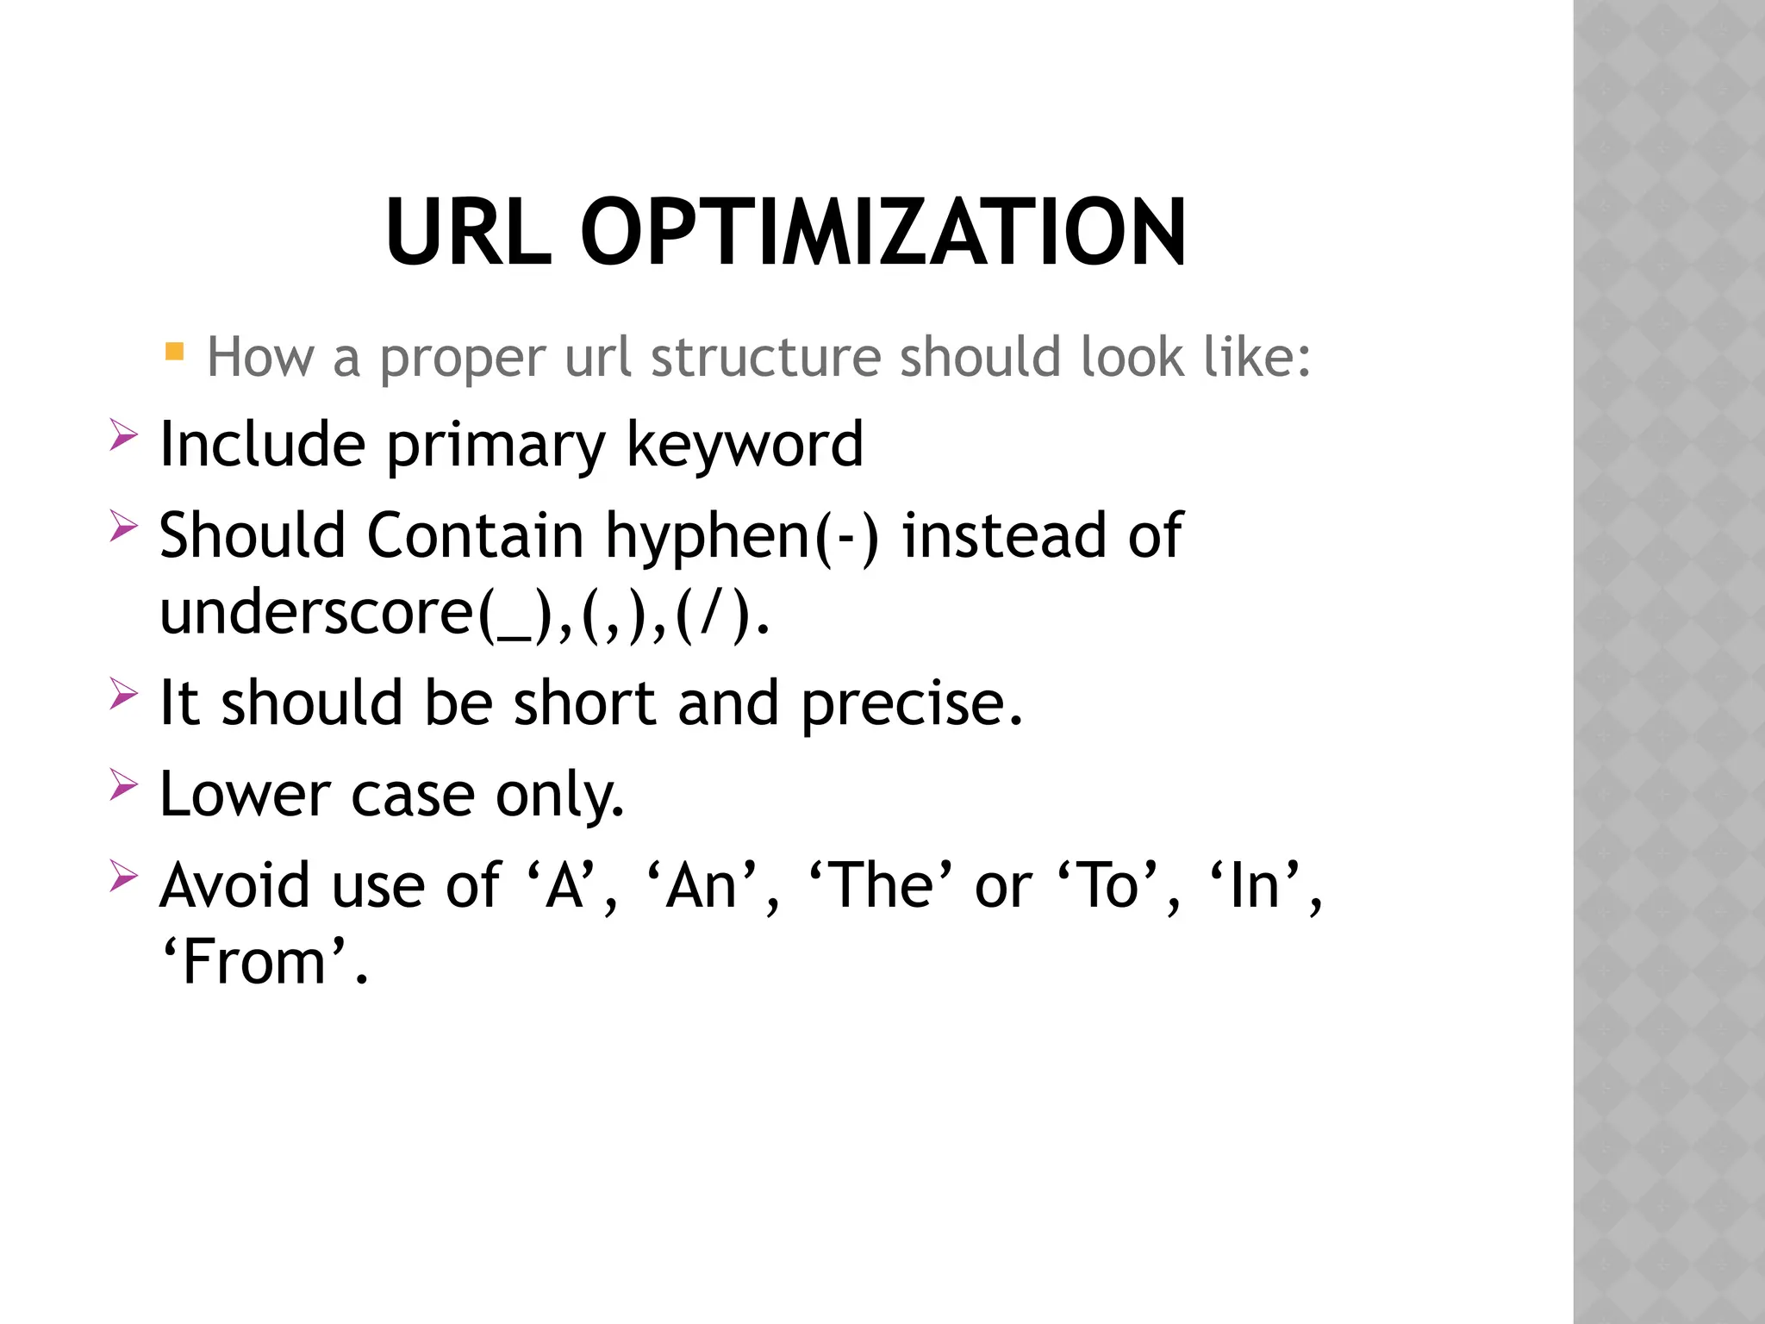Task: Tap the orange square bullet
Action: pyautogui.click(x=174, y=352)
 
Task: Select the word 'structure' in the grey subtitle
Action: pyautogui.click(x=765, y=357)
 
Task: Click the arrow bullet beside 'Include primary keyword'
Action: pyautogui.click(x=123, y=434)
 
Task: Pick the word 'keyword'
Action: pyautogui.click(x=744, y=445)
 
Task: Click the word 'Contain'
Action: pyautogui.click(x=476, y=535)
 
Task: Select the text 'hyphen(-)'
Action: pyautogui.click(x=742, y=537)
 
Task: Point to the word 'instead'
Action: pyautogui.click(x=1003, y=535)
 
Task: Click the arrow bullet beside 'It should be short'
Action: pyautogui.click(x=123, y=693)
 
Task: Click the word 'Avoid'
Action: pyautogui.click(x=234, y=885)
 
